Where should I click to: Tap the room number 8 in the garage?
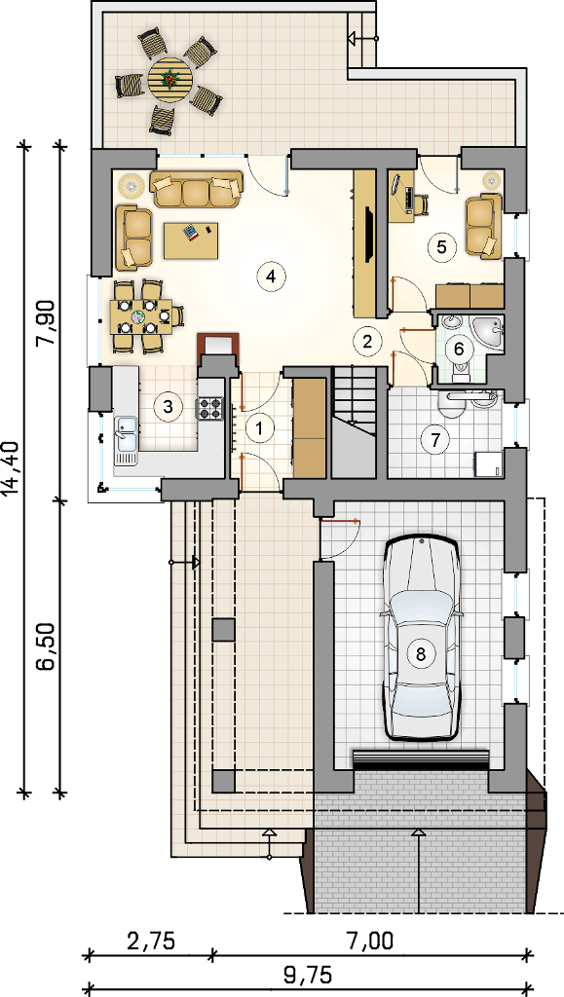click(420, 652)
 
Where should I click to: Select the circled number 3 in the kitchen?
click(168, 406)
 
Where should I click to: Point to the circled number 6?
click(459, 350)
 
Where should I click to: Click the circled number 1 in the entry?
click(259, 428)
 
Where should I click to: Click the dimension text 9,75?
click(308, 975)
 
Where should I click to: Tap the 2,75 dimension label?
click(149, 941)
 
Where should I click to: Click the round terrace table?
click(169, 79)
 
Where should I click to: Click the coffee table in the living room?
click(191, 240)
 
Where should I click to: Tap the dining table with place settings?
click(141, 316)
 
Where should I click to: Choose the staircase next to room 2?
click(355, 423)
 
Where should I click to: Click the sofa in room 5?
click(484, 227)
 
